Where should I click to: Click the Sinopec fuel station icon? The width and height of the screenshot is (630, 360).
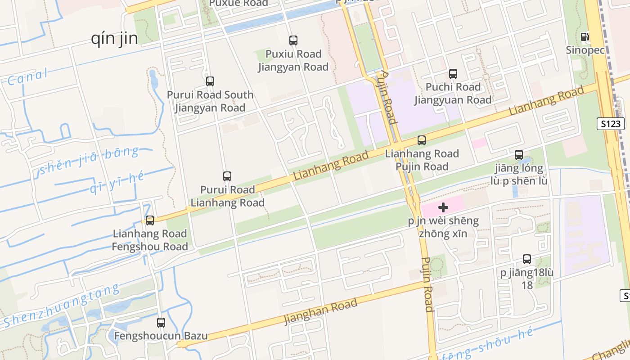point(585,37)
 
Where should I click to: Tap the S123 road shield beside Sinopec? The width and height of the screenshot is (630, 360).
point(611,124)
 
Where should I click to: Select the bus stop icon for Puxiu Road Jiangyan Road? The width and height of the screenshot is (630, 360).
point(293,40)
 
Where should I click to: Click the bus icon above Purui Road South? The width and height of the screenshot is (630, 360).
point(210,81)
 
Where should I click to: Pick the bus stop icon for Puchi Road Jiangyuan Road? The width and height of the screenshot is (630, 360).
point(453,73)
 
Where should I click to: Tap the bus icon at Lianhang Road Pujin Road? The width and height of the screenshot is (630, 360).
point(422,140)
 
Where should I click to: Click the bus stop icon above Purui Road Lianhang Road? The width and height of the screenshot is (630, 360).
point(227,176)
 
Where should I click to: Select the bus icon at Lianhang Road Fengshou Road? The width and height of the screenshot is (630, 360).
point(150,220)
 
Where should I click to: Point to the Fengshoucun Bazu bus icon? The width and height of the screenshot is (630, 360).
point(161,323)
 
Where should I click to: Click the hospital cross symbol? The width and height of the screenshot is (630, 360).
point(443,207)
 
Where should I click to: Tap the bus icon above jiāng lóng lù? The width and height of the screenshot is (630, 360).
point(519,155)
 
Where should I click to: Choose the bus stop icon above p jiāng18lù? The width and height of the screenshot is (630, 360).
point(527,259)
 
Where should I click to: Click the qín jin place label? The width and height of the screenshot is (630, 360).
point(114,39)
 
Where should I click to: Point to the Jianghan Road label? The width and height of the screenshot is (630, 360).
point(320,311)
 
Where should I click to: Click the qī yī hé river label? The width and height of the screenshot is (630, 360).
point(117,182)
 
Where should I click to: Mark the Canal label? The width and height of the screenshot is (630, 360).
point(27,77)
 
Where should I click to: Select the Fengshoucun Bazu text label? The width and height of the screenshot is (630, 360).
point(161,336)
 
